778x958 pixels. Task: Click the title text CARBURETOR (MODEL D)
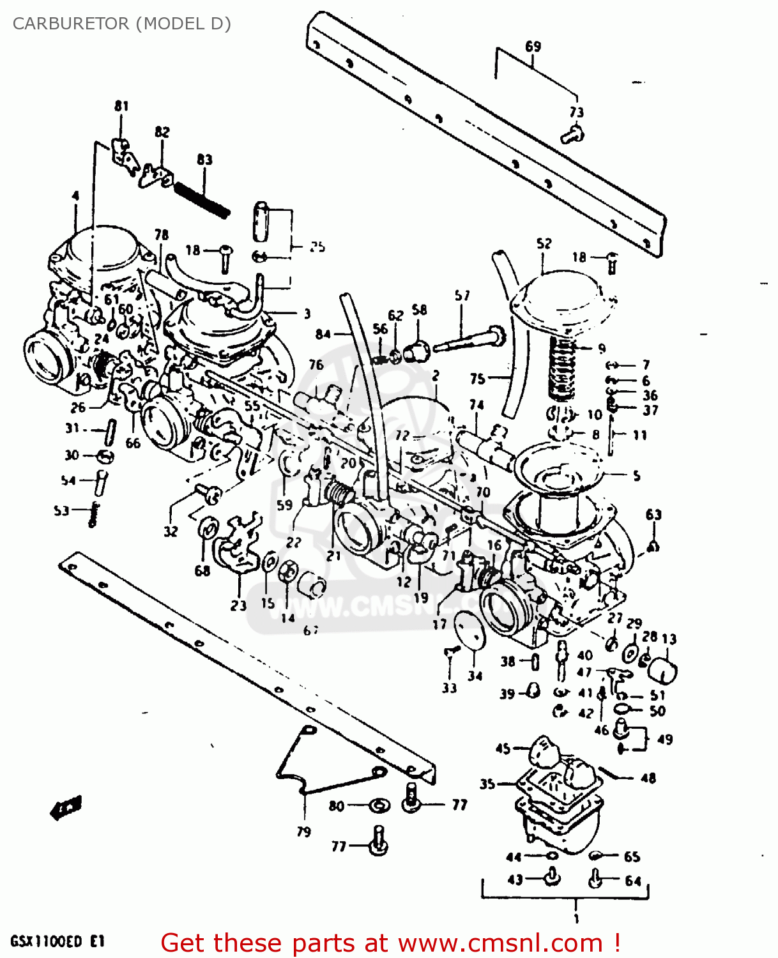(121, 24)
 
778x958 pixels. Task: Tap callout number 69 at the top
(533, 46)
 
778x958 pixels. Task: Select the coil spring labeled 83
(202, 199)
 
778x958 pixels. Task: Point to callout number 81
(121, 106)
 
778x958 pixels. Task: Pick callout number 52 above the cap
(544, 243)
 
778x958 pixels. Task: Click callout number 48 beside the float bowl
(648, 778)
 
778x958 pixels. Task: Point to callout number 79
(304, 832)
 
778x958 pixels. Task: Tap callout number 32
(171, 531)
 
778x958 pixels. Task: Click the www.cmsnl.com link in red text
(500, 943)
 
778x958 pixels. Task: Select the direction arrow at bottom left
(66, 809)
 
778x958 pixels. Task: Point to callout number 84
(323, 334)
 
